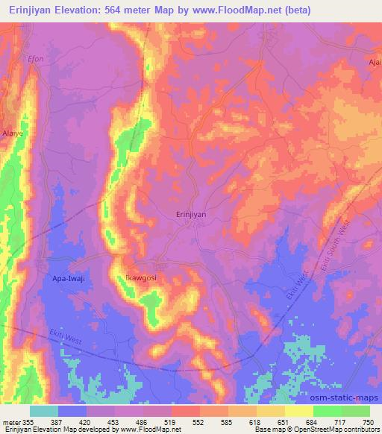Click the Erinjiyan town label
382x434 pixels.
(x=190, y=214)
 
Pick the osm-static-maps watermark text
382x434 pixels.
(x=348, y=398)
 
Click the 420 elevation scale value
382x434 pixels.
(x=84, y=422)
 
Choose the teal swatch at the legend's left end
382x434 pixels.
(x=43, y=411)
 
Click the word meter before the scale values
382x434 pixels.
(x=9, y=422)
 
